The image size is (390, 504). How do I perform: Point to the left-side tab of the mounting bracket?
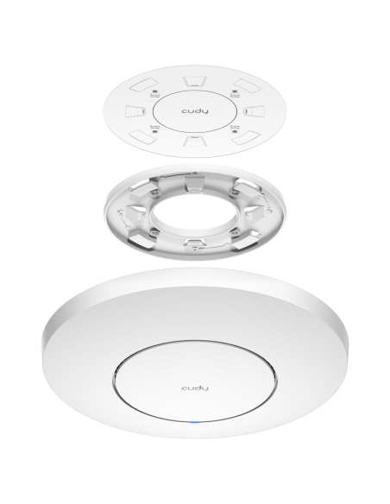[x=135, y=212]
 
